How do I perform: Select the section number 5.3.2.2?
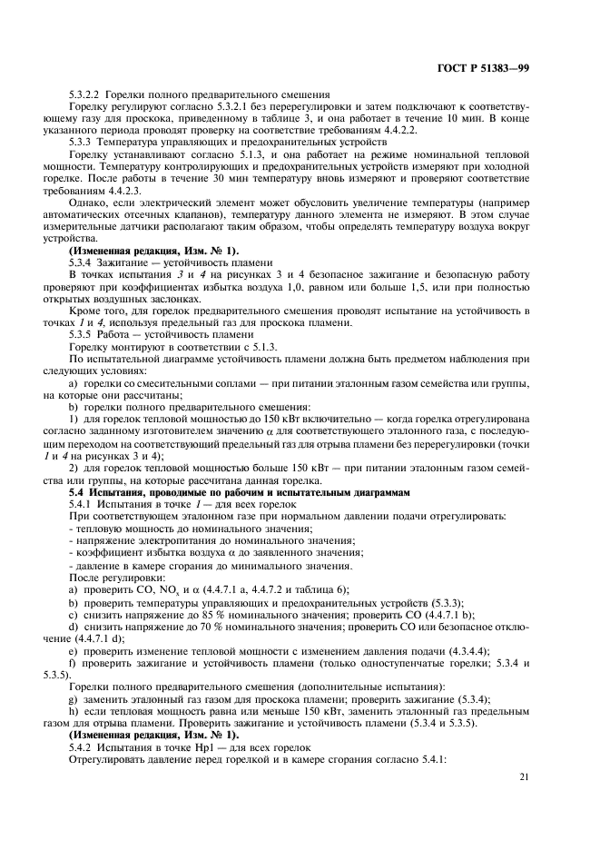(86, 95)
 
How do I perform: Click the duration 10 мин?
(485, 119)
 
